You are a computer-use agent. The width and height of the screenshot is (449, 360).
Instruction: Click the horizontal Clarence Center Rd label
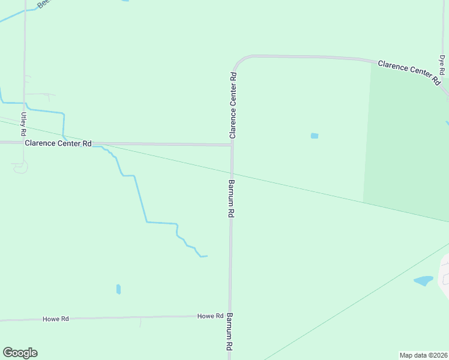58,143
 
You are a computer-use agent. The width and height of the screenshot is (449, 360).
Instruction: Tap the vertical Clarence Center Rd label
233,106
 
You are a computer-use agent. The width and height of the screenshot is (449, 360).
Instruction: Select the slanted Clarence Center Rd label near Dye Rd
409,71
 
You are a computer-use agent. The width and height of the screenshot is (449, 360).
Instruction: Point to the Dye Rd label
442,65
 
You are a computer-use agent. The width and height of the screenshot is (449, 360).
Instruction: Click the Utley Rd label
24,123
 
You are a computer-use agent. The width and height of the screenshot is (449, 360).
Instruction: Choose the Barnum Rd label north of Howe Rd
231,199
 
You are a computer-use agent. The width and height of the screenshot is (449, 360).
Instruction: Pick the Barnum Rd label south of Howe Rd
229,331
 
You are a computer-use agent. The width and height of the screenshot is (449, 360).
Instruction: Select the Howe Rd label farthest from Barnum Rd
56,319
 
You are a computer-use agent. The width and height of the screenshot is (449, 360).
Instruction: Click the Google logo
20,353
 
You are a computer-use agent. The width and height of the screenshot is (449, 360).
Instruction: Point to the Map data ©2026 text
423,355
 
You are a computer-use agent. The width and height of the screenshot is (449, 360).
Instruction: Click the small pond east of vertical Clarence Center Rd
314,136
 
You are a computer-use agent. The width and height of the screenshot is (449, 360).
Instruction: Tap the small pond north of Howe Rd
118,289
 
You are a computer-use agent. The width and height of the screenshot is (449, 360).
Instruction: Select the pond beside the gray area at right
423,280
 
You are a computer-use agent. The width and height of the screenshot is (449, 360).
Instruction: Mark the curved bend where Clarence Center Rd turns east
238,61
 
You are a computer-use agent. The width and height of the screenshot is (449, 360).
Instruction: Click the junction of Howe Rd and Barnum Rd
229,316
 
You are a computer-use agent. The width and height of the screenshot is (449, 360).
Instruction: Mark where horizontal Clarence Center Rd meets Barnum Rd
232,145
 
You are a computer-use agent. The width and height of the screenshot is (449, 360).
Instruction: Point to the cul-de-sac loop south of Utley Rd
20,168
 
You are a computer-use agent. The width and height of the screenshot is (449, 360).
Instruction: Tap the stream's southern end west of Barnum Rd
204,256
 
